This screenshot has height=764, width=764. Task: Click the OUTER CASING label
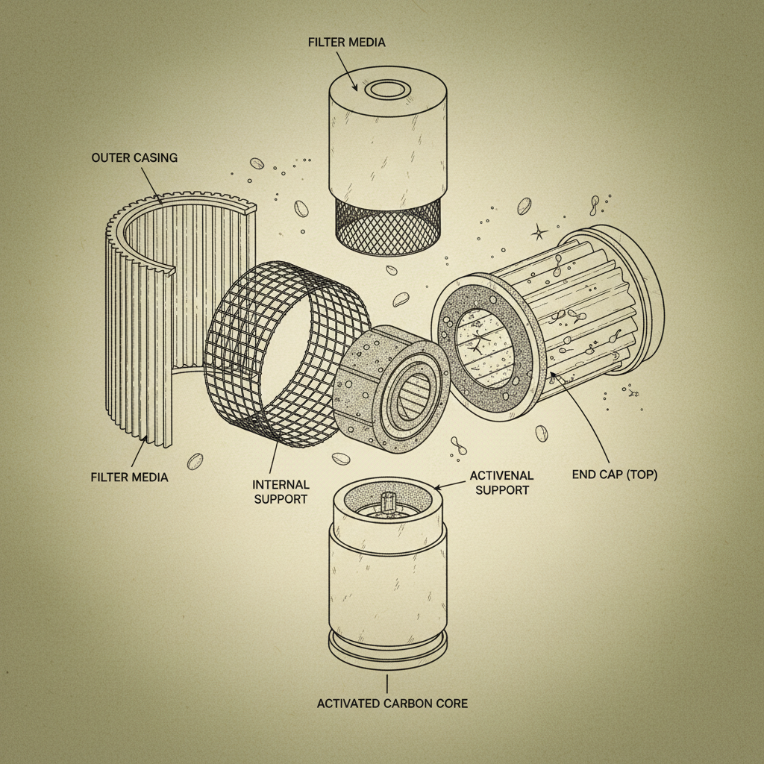coord(135,157)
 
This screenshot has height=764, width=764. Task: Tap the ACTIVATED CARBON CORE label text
coord(392,703)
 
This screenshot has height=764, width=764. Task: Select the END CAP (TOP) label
coord(614,475)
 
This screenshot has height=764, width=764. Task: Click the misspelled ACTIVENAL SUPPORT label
coord(501,483)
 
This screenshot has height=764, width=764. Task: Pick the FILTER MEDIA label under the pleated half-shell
coord(129,477)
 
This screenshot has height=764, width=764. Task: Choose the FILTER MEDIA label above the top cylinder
coord(346,43)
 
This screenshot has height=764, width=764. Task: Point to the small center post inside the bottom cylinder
coord(386,501)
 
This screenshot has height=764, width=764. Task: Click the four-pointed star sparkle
coord(539,234)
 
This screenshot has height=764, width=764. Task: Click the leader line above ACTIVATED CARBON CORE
coord(387,682)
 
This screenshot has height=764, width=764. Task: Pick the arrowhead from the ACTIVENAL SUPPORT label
coord(438,488)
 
